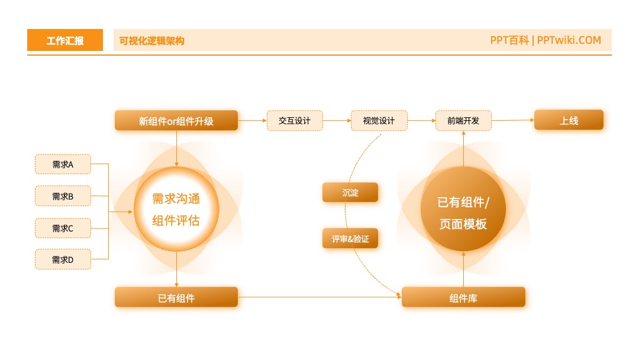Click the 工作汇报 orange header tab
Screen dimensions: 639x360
click(65, 40)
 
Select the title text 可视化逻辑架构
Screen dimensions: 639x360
click(151, 41)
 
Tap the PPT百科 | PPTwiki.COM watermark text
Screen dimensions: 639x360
click(546, 40)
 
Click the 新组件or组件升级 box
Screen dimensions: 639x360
click(176, 120)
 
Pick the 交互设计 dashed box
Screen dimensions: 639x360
click(295, 120)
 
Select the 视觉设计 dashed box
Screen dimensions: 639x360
click(379, 120)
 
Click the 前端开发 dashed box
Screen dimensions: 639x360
click(463, 120)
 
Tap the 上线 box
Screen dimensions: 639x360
click(569, 120)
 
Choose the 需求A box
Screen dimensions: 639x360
click(63, 164)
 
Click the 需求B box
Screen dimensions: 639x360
click(63, 196)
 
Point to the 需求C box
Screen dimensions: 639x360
click(63, 228)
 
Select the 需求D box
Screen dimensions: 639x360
click(63, 259)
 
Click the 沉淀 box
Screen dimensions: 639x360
click(350, 192)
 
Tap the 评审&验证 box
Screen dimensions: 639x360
click(350, 239)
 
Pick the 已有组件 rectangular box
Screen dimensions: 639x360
click(176, 297)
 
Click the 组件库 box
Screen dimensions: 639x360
click(463, 297)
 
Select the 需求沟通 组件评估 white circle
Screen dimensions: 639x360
click(176, 209)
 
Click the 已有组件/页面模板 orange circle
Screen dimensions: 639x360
click(463, 209)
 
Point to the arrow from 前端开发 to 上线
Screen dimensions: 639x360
click(512, 120)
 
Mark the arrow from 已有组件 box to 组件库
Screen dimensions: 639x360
click(319, 297)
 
